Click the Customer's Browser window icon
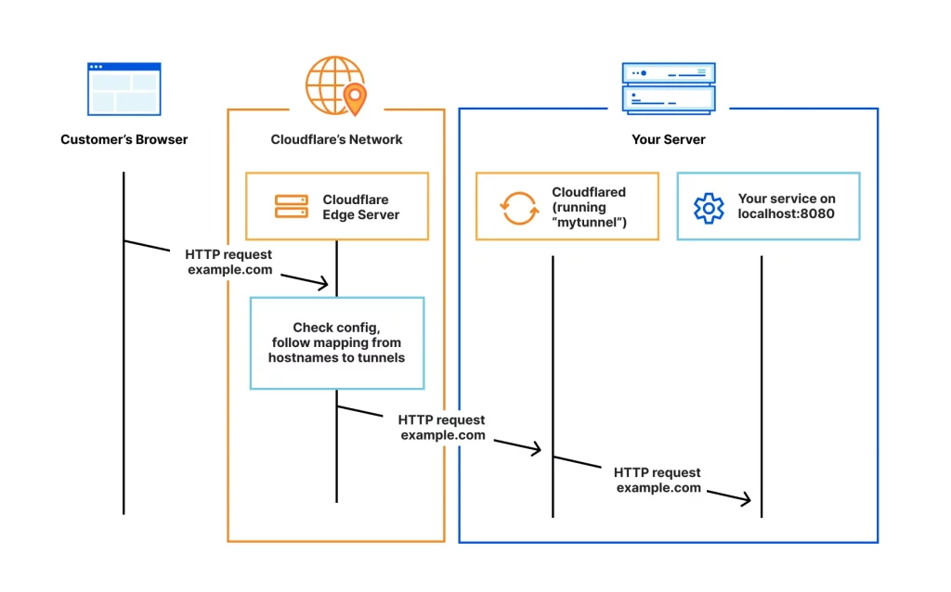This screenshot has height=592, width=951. point(124,88)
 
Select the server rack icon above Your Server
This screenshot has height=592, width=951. point(669,88)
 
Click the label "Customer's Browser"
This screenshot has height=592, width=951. point(124,140)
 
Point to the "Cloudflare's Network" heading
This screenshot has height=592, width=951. point(336,140)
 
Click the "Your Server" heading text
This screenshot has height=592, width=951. point(668,140)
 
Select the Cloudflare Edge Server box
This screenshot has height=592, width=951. point(336,206)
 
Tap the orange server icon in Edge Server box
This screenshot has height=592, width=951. point(291,207)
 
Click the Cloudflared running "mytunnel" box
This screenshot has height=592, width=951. point(567,206)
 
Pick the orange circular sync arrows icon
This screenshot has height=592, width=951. point(519,207)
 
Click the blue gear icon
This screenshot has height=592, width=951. point(709,207)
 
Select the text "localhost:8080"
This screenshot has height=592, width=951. point(786,213)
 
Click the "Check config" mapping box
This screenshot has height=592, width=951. point(336,342)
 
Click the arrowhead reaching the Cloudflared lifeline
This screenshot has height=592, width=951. point(536,450)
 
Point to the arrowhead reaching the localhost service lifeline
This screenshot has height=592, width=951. point(746,500)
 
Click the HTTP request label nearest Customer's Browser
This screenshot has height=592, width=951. point(229,262)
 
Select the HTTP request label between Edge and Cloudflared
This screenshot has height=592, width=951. point(442,428)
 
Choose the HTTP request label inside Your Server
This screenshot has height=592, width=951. point(658,480)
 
